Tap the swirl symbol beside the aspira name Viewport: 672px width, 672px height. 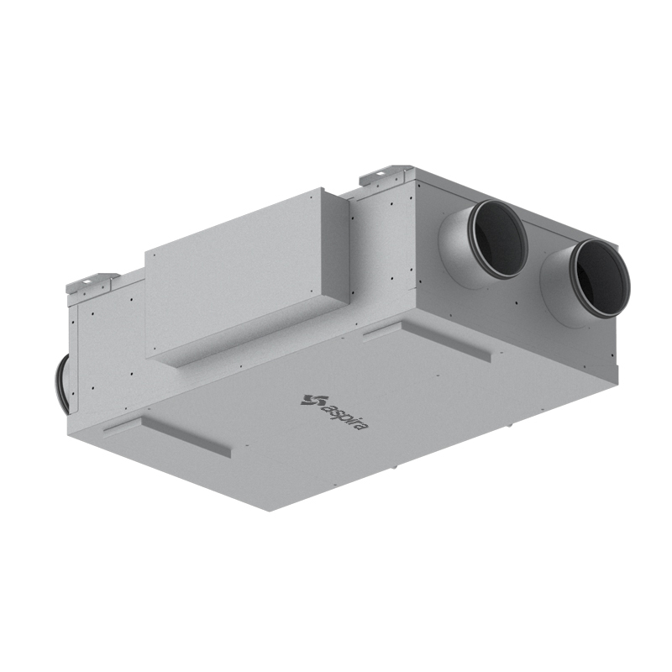tap(308, 400)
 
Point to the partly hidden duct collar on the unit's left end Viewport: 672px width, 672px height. tap(60, 384)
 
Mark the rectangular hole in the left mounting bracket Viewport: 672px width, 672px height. tap(87, 281)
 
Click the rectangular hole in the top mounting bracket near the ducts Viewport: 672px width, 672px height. tap(381, 174)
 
